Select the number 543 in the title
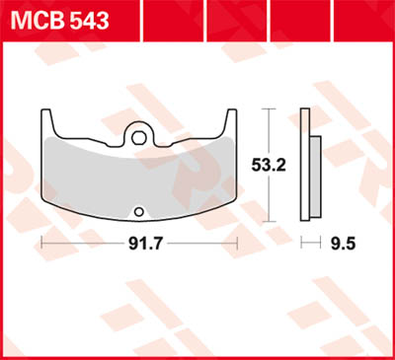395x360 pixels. click(86, 19)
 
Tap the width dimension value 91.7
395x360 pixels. click(139, 242)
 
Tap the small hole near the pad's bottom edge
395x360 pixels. click(139, 208)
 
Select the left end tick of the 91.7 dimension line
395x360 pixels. click(41, 242)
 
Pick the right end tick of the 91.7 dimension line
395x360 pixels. click(237, 242)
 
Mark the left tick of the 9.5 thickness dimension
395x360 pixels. click(304, 242)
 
